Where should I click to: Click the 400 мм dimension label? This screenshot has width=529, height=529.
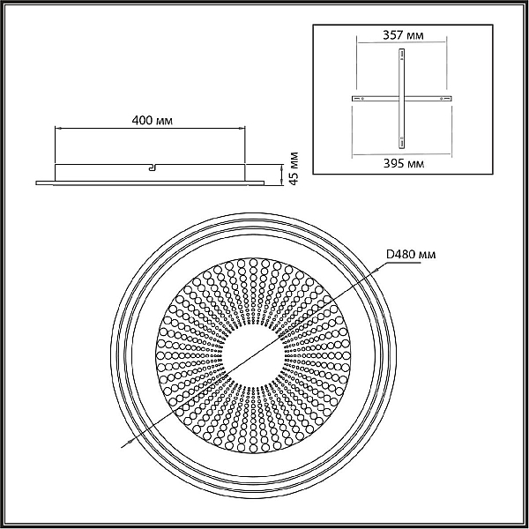click(x=153, y=121)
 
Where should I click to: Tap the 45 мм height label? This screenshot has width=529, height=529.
click(x=294, y=168)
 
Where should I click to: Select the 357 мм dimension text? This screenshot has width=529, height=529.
click(x=403, y=35)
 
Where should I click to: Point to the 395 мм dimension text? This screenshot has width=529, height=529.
click(x=404, y=164)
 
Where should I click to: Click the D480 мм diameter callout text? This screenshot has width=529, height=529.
click(x=411, y=254)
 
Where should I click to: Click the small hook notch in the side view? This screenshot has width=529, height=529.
click(x=153, y=168)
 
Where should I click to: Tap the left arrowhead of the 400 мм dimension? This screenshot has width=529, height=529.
click(x=57, y=128)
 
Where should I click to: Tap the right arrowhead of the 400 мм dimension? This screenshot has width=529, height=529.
click(x=242, y=128)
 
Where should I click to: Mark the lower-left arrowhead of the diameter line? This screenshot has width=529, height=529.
click(x=128, y=442)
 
